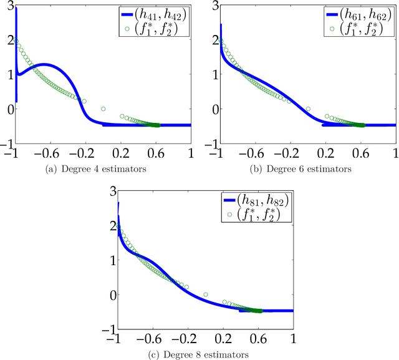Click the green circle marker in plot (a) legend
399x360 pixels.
pyautogui.click(x=128, y=28)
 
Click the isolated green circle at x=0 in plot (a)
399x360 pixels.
pyautogui.click(x=103, y=109)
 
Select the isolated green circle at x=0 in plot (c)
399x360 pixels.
pyautogui.click(x=205, y=294)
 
